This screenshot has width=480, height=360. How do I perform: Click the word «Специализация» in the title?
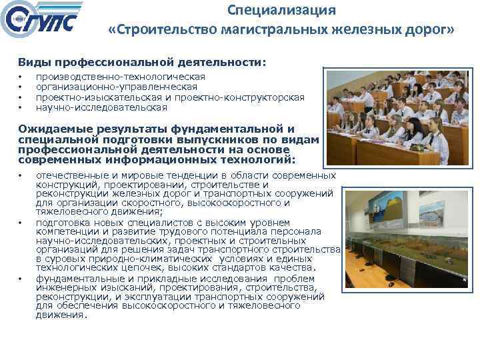(x=281, y=11)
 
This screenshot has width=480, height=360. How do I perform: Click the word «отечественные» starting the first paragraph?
(x=71, y=175)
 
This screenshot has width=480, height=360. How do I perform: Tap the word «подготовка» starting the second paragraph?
(x=63, y=222)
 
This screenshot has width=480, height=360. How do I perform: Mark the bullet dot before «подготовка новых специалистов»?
(x=21, y=223)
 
